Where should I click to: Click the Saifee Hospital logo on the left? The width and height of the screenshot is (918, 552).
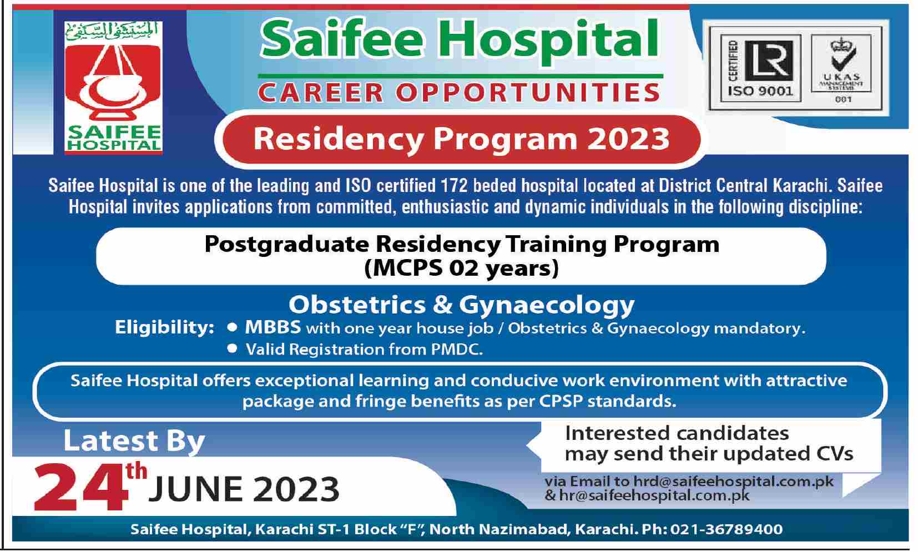pos(113,87)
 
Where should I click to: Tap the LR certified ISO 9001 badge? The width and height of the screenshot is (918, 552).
pos(760,68)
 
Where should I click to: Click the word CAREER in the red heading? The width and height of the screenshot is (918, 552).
pos(321,93)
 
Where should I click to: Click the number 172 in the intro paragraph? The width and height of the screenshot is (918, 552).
pos(455,186)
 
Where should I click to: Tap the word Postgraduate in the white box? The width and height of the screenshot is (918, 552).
pos(287,245)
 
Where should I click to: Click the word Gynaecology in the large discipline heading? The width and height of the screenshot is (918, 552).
pos(547,306)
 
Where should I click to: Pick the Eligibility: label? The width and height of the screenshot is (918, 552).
pos(164,327)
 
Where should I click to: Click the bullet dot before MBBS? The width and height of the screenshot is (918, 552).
pos(232,327)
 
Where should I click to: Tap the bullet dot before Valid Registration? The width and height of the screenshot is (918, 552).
pos(232,348)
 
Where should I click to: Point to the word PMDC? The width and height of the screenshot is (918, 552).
pos(457,350)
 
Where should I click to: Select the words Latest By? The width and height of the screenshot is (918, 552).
pos(134,441)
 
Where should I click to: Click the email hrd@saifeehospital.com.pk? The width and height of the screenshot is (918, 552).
pos(734,482)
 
